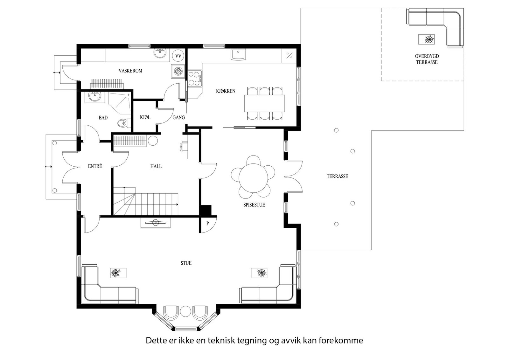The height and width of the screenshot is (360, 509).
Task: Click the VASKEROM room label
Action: point(130,71)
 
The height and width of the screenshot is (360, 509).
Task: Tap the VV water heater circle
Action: point(178,56)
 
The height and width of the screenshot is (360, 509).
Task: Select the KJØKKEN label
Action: point(226,91)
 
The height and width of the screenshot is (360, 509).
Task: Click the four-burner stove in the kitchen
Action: point(195,79)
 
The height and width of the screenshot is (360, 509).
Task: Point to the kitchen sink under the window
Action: point(238,54)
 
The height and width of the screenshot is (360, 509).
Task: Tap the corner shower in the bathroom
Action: point(120,103)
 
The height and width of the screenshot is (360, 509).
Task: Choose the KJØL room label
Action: point(145,117)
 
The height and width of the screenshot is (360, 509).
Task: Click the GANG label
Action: point(178,117)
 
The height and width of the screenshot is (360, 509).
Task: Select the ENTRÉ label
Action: point(95,166)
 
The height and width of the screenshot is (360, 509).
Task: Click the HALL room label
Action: point(156,166)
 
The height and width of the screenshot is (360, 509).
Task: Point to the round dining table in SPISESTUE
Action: point(253,178)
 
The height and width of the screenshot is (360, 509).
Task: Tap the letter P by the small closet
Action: point(207,224)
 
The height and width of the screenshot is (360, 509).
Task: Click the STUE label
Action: point(186,263)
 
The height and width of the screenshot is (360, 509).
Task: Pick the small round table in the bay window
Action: point(185,311)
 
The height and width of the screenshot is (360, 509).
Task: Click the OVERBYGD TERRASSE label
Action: point(427,59)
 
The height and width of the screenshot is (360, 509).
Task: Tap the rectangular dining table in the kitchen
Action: point(264,103)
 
